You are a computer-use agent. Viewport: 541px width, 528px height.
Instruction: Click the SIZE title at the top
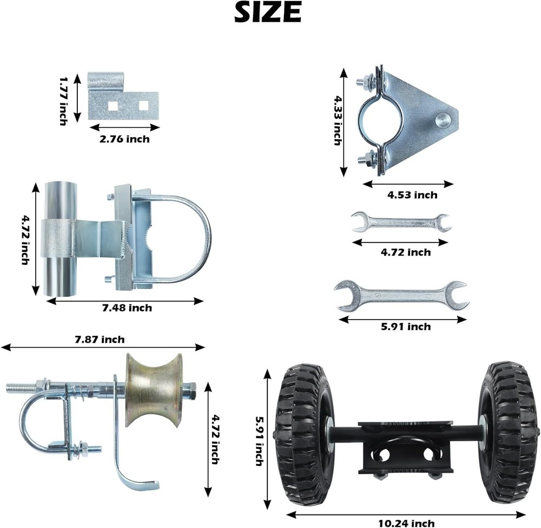click(x=267, y=13)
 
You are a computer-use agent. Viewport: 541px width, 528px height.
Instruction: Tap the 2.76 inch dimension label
click(x=124, y=139)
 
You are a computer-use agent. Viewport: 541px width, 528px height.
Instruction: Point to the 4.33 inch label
click(x=338, y=120)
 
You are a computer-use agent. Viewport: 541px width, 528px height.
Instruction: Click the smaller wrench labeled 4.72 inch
click(x=400, y=222)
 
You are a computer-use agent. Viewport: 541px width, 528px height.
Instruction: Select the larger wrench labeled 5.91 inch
click(x=401, y=296)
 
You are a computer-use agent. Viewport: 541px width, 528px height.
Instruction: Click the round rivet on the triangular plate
click(x=443, y=119)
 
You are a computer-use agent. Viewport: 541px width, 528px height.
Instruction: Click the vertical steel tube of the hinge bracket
click(x=60, y=239)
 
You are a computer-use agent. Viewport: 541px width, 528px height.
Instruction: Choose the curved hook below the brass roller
click(x=130, y=466)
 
